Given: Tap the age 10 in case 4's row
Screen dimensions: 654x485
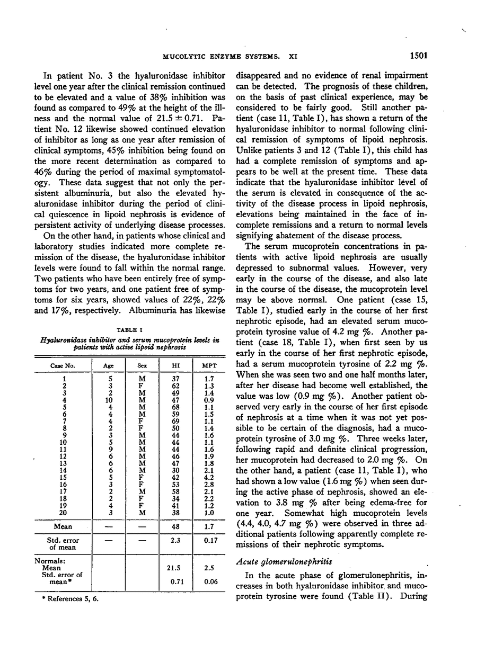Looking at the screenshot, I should point(108,401).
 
